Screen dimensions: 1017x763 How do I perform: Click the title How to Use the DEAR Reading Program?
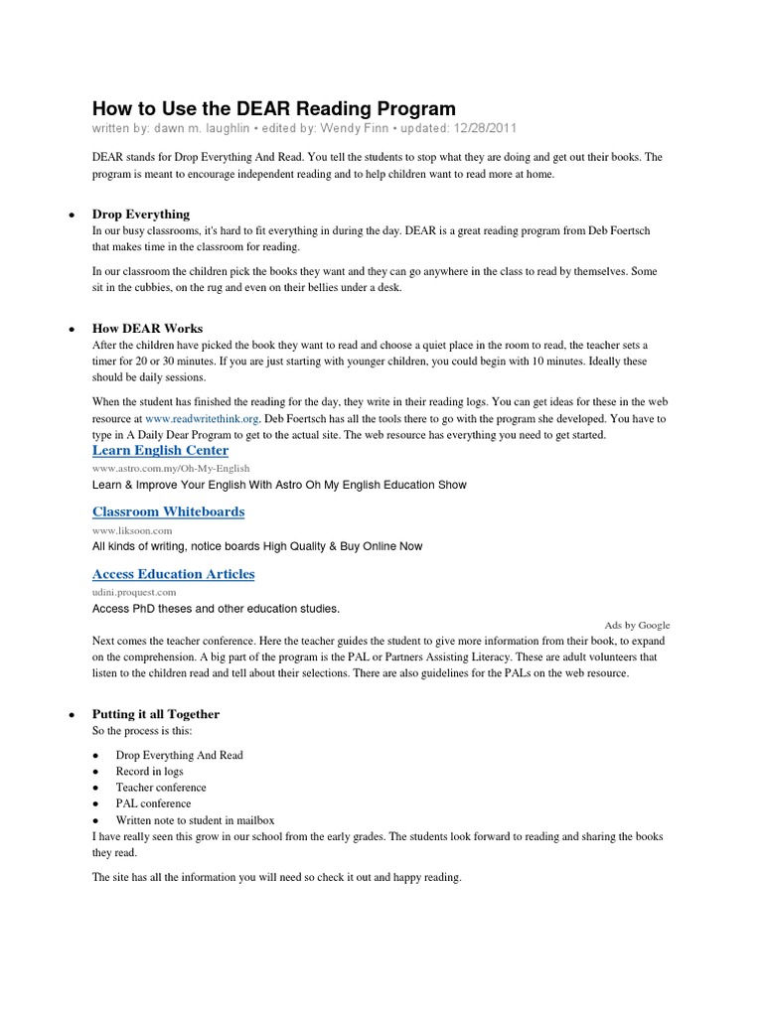click(274, 108)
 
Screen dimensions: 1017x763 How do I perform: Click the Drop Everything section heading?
click(141, 215)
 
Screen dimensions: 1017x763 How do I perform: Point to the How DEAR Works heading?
click(147, 329)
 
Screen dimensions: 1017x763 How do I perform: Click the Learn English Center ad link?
click(160, 451)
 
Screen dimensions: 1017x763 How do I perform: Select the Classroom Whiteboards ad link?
click(168, 511)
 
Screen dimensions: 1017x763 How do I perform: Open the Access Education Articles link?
click(173, 574)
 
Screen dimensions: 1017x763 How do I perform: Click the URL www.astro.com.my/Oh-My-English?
click(171, 468)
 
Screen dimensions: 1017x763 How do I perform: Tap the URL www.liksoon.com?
click(133, 529)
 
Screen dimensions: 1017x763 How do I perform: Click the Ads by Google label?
click(637, 626)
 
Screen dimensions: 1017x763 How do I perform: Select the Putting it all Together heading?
click(156, 714)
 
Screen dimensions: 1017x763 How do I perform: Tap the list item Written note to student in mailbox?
click(195, 820)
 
